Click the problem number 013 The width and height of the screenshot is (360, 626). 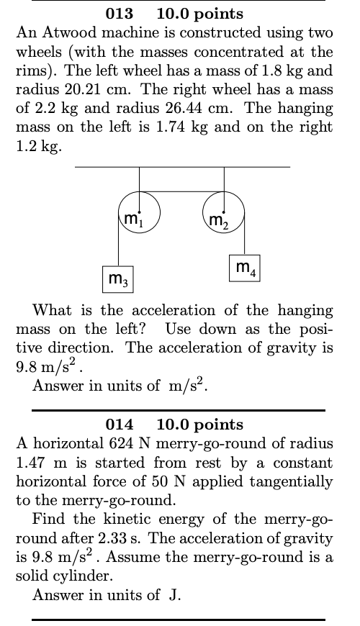click(119, 14)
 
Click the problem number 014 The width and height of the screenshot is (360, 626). click(119, 425)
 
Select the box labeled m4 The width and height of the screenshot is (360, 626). click(245, 268)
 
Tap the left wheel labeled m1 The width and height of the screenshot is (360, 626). click(140, 213)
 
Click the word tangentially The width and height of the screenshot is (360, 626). click(294, 481)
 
